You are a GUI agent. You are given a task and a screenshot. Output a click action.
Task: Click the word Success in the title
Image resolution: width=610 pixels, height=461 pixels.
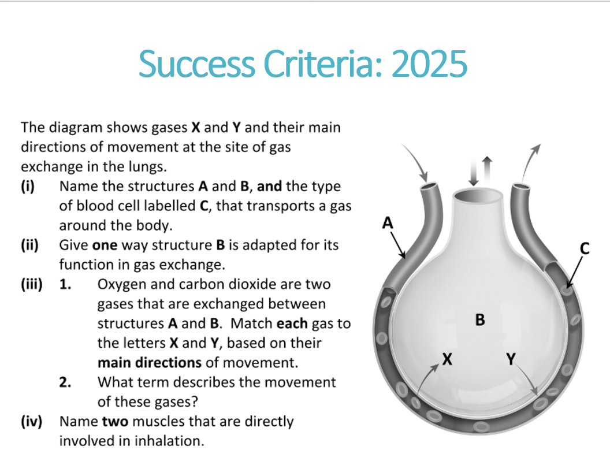pos(196,64)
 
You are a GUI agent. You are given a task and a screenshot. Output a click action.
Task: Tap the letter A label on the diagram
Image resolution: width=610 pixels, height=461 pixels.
pos(388,223)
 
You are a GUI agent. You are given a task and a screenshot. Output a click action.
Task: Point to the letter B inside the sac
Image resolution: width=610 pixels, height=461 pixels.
pos(480,319)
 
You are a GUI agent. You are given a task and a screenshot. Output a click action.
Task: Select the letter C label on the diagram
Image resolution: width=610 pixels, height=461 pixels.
pos(585,248)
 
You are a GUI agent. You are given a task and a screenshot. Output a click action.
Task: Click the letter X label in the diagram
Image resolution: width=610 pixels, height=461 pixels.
pos(447,359)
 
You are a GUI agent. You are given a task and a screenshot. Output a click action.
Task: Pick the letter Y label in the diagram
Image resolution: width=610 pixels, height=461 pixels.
pos(511,359)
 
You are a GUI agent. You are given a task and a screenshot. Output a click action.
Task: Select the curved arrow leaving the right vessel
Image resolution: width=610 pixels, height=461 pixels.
pos(530,161)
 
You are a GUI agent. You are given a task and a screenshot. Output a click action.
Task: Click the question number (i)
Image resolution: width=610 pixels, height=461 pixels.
pos(28,186)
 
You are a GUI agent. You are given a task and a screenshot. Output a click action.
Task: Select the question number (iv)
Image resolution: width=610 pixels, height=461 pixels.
pos(32,421)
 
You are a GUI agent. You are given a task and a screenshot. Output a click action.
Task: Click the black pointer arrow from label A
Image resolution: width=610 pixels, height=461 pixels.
pos(399,245)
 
